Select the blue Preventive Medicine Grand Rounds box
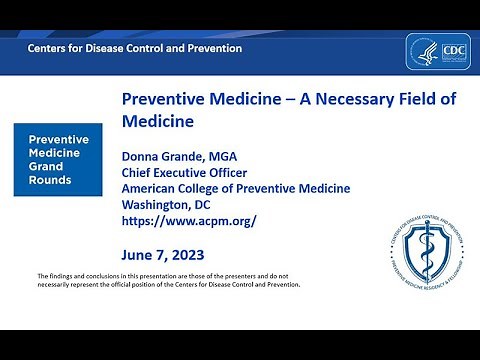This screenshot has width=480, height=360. [x=57, y=160]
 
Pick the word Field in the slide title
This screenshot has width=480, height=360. [x=420, y=100]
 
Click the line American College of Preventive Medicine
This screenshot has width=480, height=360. [x=235, y=189]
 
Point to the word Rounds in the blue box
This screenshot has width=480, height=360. [x=50, y=181]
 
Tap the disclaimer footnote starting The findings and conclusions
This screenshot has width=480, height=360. [x=168, y=279]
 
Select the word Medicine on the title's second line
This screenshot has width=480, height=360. [x=156, y=123]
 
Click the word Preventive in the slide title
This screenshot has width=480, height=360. [x=163, y=100]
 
